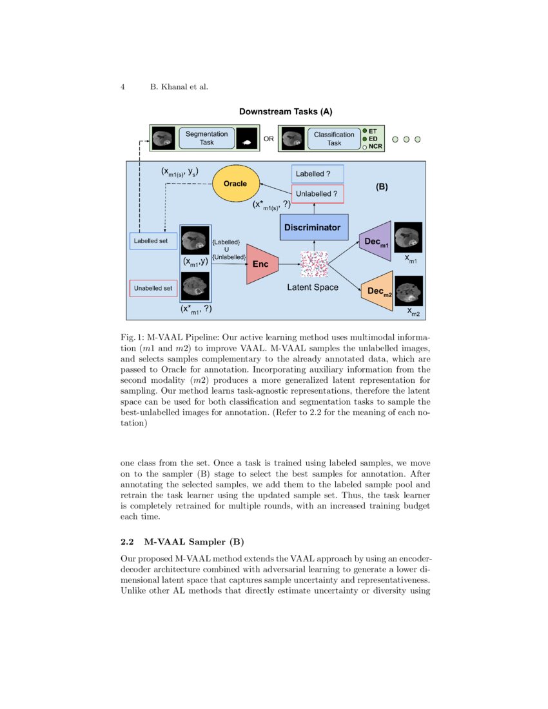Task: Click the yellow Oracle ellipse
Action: click(235, 184)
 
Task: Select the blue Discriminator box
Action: click(314, 228)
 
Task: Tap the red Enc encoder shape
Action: click(261, 264)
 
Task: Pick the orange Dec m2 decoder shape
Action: click(377, 291)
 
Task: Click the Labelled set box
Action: click(153, 240)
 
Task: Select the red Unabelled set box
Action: click(153, 288)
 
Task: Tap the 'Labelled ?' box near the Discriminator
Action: click(318, 174)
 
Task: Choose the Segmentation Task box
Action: click(206, 138)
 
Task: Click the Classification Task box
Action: click(333, 138)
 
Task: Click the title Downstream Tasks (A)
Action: click(286, 112)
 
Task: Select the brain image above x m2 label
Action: click(409, 290)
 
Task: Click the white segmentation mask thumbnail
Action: click(245, 139)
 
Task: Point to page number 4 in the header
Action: click(122, 87)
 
